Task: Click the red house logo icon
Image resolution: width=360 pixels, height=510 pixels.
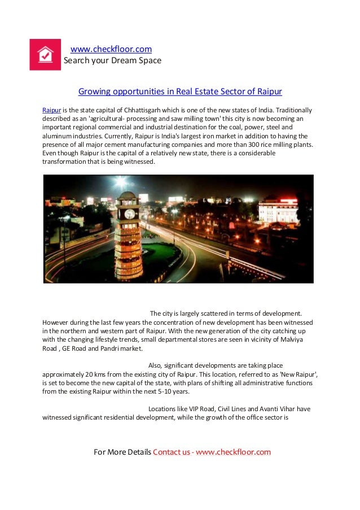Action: [x=45, y=55]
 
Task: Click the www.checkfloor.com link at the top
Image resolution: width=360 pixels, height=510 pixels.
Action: [x=111, y=49]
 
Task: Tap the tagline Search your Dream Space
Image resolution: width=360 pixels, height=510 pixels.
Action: [x=112, y=60]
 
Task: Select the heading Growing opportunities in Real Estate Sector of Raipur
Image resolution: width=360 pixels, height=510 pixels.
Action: [x=180, y=91]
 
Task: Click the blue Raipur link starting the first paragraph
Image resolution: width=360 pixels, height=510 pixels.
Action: [x=52, y=110]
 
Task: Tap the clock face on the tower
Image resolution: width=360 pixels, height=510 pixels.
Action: [x=129, y=214]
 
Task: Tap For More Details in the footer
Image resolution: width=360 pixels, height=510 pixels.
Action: [x=122, y=452]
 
